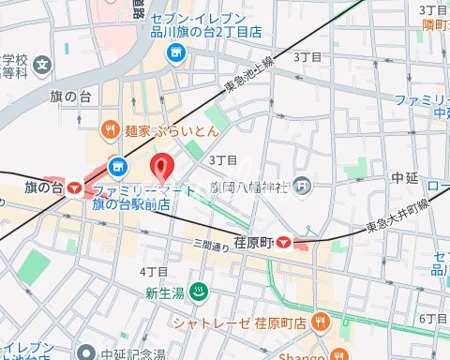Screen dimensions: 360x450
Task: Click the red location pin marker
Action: [x=163, y=168]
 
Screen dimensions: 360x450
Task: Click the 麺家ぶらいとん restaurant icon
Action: [x=110, y=128]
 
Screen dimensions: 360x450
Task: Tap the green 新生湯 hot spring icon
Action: [x=199, y=293]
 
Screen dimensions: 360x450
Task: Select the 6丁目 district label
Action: [x=432, y=319]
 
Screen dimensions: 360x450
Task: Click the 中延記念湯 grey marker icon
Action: [x=85, y=353]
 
